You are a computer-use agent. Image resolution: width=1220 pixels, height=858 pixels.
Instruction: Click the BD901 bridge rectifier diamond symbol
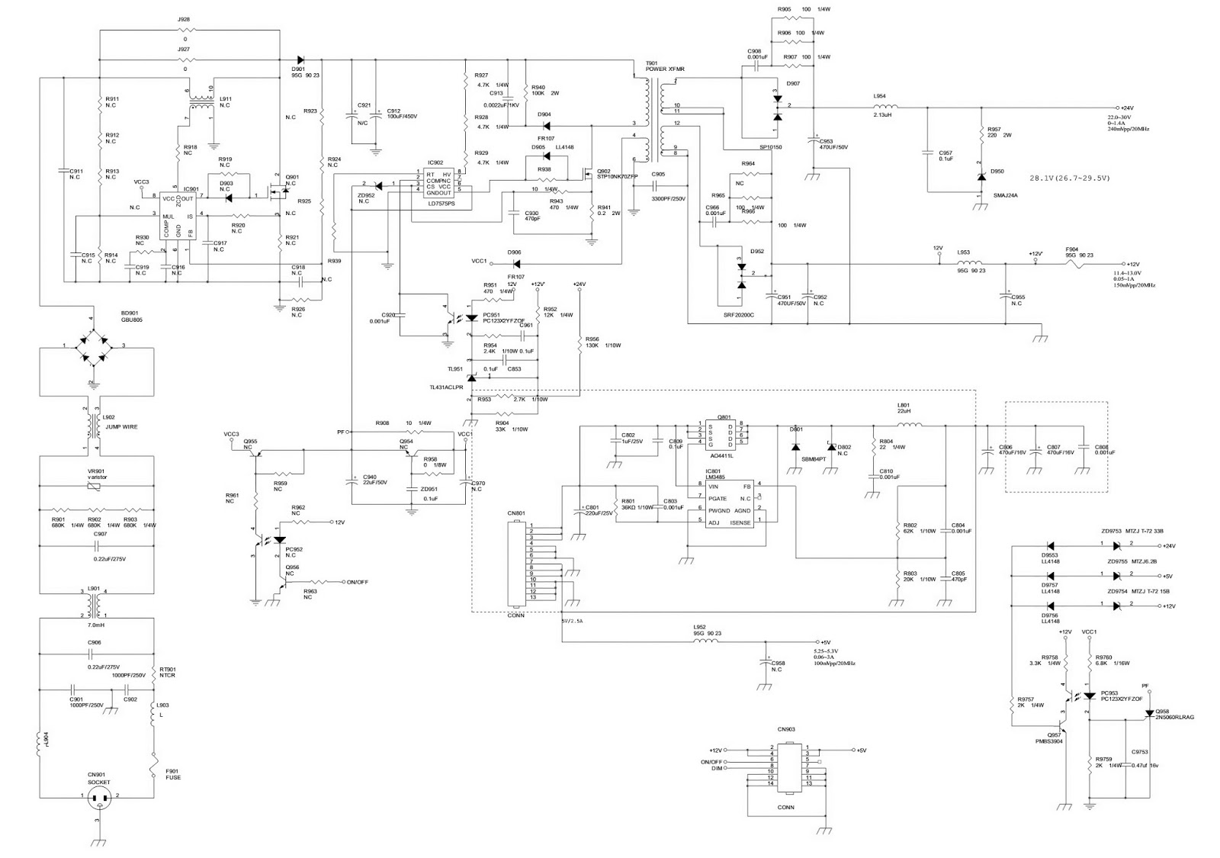coord(91,347)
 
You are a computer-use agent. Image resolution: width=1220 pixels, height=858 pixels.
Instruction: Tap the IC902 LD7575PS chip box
coord(441,185)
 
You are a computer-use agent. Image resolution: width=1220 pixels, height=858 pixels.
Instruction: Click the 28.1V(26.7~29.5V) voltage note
coord(1070,178)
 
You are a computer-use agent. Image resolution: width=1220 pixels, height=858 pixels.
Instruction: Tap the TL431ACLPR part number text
coord(446,387)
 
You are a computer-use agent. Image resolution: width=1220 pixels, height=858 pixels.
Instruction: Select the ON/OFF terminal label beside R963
coord(357,582)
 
